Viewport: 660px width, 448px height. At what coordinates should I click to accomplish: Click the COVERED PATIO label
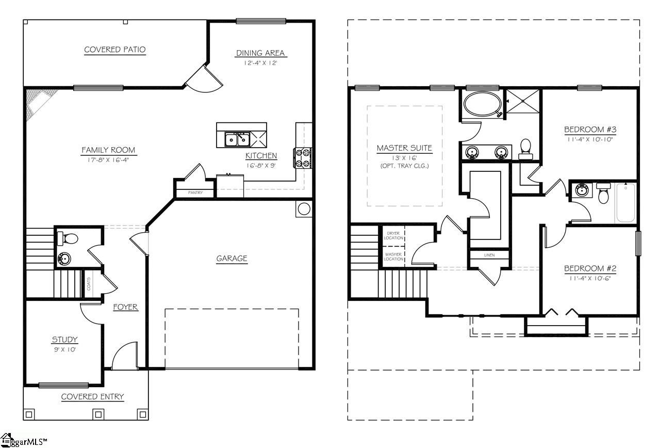click(x=115, y=50)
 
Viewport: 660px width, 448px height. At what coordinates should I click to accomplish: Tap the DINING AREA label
click(x=261, y=53)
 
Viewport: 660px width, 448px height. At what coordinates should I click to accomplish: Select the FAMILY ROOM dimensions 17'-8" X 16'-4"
click(x=108, y=159)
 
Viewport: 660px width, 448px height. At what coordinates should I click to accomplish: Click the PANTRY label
click(x=195, y=193)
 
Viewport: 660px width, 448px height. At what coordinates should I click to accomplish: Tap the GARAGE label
click(x=232, y=259)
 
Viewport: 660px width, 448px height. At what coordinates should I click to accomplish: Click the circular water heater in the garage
click(x=304, y=209)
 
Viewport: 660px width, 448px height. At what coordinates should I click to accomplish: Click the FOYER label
click(x=125, y=307)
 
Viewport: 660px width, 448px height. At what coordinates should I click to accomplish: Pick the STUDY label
click(x=64, y=339)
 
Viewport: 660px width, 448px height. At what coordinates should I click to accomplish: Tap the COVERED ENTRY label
click(x=92, y=396)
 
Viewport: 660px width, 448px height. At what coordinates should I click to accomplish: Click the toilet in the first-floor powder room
click(x=69, y=239)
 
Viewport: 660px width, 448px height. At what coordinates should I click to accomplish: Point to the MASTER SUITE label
click(x=404, y=148)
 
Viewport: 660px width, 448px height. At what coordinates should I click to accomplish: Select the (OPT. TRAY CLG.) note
click(x=404, y=166)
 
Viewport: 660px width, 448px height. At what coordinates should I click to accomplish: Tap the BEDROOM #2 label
click(x=590, y=268)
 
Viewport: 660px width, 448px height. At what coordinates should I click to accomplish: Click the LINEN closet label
click(x=489, y=255)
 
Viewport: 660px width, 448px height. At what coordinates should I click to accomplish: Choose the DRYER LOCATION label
click(x=393, y=236)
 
